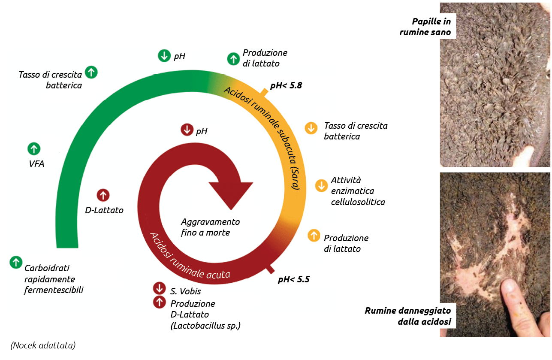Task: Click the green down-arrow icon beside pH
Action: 164,56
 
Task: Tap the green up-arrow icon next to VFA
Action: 34,149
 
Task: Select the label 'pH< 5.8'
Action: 286,85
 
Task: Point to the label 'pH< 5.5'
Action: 293,280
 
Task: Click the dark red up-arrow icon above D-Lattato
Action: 103,195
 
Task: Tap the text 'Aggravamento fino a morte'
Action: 210,227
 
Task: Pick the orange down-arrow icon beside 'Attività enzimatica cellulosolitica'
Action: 321,185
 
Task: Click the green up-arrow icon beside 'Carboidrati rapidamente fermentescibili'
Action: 16,262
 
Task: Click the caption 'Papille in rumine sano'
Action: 425,27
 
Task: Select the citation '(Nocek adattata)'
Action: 43,345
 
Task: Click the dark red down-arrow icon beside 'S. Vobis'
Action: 159,288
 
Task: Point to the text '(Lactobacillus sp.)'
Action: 205,326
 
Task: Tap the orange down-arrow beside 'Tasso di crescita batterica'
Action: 311,128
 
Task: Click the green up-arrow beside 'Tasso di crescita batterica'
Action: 91,72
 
